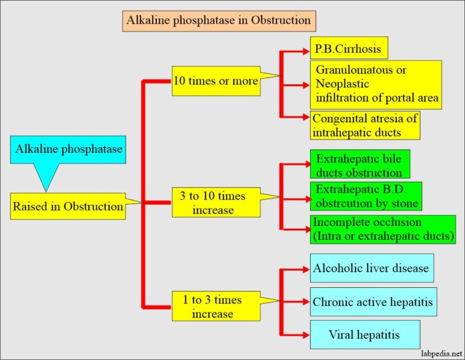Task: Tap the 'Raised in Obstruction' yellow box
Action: click(x=68, y=207)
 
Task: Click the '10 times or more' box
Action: click(x=216, y=81)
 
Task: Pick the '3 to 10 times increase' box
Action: click(x=216, y=203)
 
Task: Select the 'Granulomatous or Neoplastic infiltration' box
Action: click(x=375, y=84)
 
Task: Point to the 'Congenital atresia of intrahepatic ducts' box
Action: click(x=364, y=125)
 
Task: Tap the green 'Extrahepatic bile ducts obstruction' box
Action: click(x=360, y=164)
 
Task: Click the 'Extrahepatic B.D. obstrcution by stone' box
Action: click(x=366, y=196)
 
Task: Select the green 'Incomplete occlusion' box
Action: click(x=383, y=229)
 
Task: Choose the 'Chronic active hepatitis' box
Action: click(x=373, y=301)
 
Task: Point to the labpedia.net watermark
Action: click(x=437, y=352)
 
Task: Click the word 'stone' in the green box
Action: click(x=403, y=203)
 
